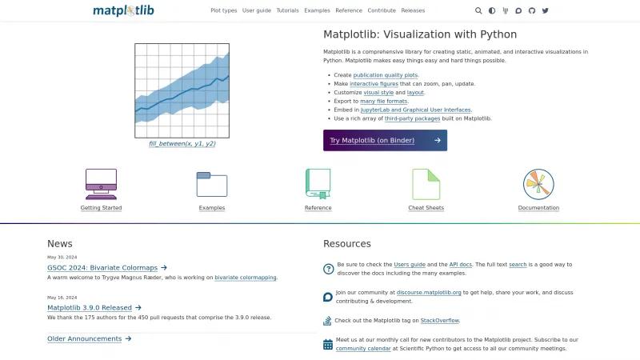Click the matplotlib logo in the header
[x=123, y=10]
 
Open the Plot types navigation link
[x=224, y=10]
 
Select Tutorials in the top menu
[x=288, y=10]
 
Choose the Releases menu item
[x=413, y=10]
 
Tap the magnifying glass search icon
[x=478, y=10]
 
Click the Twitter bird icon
[x=546, y=10]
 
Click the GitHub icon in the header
[x=532, y=10]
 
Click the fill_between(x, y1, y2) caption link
[x=182, y=144]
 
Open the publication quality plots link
[x=386, y=75]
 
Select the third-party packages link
[x=412, y=118]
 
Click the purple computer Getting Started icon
[x=102, y=184]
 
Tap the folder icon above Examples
[x=212, y=185]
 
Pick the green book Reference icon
[x=318, y=184]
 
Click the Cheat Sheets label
[x=426, y=208]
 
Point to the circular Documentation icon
[x=538, y=184]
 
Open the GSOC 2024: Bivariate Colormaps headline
[x=102, y=268]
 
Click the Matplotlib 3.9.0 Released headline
[x=90, y=308]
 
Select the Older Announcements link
[x=85, y=338]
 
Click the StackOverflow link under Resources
[x=440, y=321]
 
